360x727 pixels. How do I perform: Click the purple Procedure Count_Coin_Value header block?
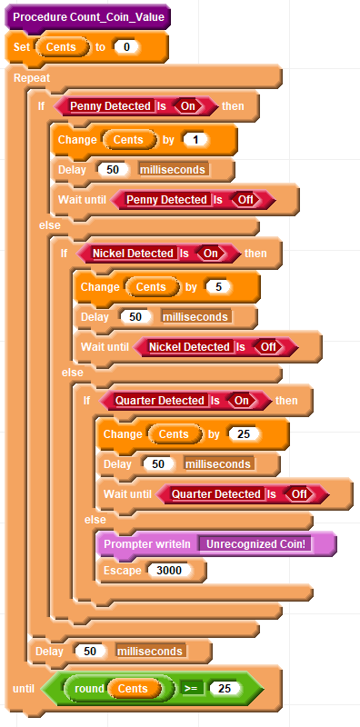[x=87, y=17]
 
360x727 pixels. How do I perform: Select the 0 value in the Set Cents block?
[x=126, y=47]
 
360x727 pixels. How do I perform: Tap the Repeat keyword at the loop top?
[x=32, y=77]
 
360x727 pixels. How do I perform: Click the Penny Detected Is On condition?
[x=136, y=106]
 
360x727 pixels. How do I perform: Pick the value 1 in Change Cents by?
[x=195, y=140]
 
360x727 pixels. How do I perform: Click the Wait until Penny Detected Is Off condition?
[x=194, y=200]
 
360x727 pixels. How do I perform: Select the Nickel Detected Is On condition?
[x=159, y=254]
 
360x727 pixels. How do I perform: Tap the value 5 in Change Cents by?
[x=218, y=287]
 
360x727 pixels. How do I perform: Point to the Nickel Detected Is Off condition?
[x=215, y=347]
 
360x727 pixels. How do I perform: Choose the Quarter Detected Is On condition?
[x=185, y=401]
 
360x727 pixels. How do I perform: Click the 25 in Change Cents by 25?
[x=244, y=434]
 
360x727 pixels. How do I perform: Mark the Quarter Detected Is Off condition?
[x=243, y=494]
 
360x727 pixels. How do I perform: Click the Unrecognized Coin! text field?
[x=255, y=543]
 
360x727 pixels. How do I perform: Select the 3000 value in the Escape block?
[x=169, y=571]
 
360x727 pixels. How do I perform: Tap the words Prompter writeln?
[x=147, y=543]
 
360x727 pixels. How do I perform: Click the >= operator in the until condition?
[x=191, y=689]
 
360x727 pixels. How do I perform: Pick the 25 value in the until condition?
[x=225, y=689]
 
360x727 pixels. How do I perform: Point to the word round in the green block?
[x=89, y=689]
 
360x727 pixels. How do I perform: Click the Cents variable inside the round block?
[x=133, y=689]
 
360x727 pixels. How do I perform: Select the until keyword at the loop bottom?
[x=24, y=689]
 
